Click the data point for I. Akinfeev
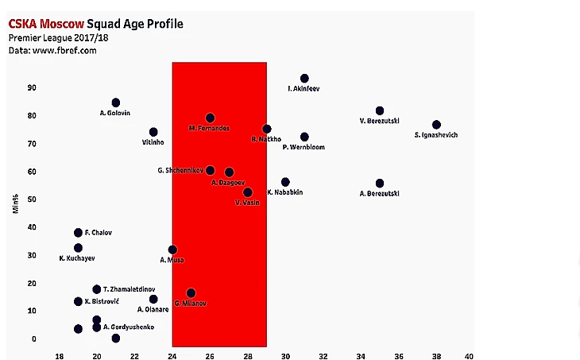(304, 79)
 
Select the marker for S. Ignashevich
(436, 125)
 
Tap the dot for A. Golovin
(116, 103)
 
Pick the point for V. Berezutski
(380, 110)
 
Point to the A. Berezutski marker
(380, 184)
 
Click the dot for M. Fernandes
(210, 118)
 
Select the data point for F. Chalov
(78, 233)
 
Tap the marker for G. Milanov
(191, 293)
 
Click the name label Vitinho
(153, 143)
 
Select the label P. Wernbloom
(304, 147)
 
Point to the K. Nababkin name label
(284, 192)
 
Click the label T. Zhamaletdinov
(130, 289)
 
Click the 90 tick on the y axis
(32, 87)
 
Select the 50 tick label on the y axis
(32, 199)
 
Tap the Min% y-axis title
(15, 203)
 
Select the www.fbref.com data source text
(65, 50)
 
